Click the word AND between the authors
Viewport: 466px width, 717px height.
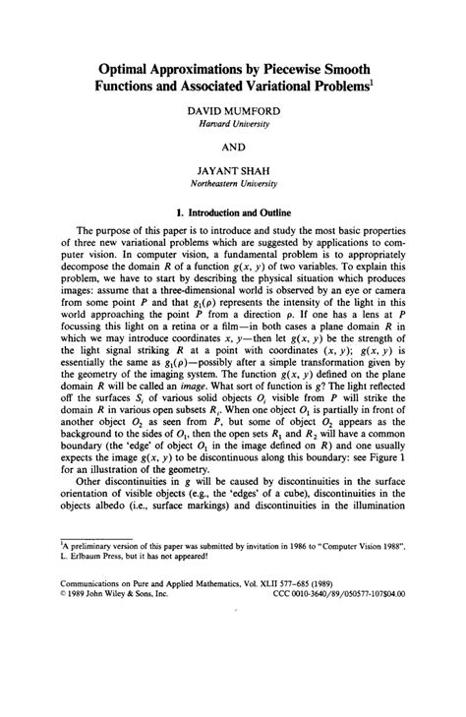coord(234,154)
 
